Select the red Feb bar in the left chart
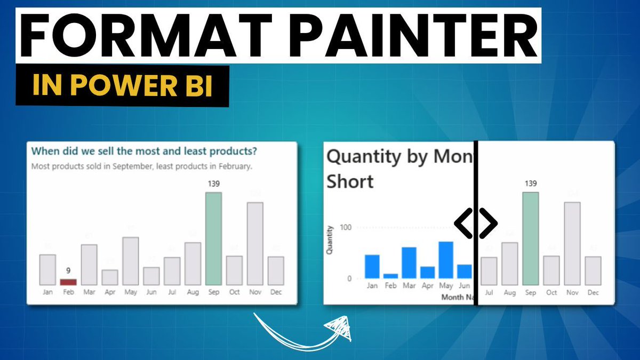point(68,282)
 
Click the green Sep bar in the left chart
point(213,238)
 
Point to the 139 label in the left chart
point(213,184)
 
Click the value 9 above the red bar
point(68,270)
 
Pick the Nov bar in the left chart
point(255,243)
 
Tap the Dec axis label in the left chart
point(276,292)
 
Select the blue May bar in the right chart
point(446,260)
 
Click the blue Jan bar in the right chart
point(372,266)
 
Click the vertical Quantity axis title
point(330,239)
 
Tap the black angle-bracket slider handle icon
point(475,222)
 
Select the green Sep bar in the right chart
point(531,238)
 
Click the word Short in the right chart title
point(350,181)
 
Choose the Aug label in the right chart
point(509,292)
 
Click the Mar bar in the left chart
point(89,265)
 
